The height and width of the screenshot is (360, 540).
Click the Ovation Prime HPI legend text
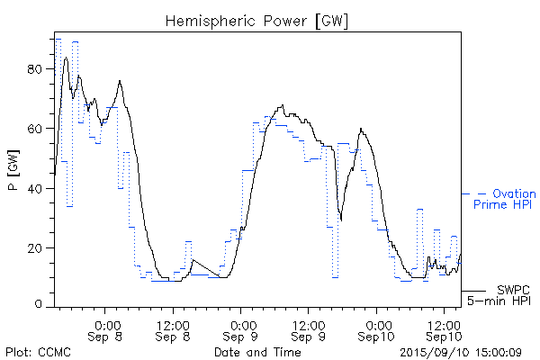point(504,199)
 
